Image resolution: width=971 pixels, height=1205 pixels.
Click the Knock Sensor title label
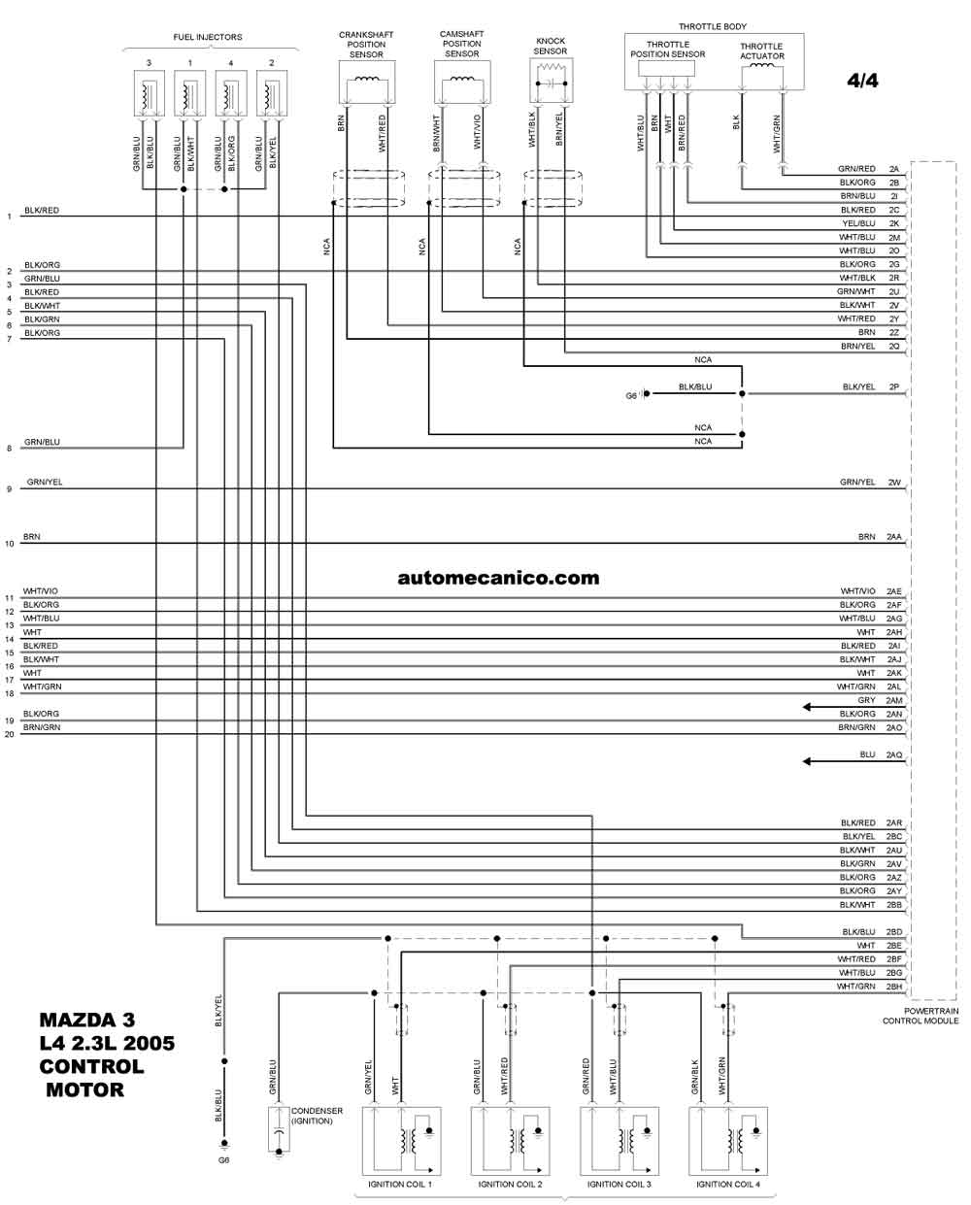tap(550, 46)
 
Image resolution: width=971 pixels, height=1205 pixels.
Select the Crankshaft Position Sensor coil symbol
tap(367, 79)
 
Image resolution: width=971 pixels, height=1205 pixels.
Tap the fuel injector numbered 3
tap(149, 93)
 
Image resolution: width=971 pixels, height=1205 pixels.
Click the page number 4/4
tap(862, 81)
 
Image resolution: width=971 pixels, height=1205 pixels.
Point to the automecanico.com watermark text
tap(498, 578)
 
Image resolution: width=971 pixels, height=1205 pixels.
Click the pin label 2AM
tap(893, 700)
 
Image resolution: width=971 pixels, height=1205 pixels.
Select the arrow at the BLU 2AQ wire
tap(854, 761)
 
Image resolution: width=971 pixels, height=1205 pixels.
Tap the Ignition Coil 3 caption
tap(619, 1184)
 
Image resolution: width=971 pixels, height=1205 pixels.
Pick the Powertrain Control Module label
tap(921, 1016)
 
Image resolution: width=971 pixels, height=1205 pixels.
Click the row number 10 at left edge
tap(10, 543)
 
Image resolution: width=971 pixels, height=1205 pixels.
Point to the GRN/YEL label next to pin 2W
tap(856, 482)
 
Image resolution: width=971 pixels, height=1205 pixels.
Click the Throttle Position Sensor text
tap(667, 50)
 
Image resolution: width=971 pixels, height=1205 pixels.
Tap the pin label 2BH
tap(893, 987)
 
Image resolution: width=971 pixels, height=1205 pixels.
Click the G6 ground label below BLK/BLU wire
tap(223, 1159)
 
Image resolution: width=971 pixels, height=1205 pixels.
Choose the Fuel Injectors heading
tap(207, 37)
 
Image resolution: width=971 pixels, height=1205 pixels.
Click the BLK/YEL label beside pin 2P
tap(858, 386)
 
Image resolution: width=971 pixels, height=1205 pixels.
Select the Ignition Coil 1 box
tap(401, 1141)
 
